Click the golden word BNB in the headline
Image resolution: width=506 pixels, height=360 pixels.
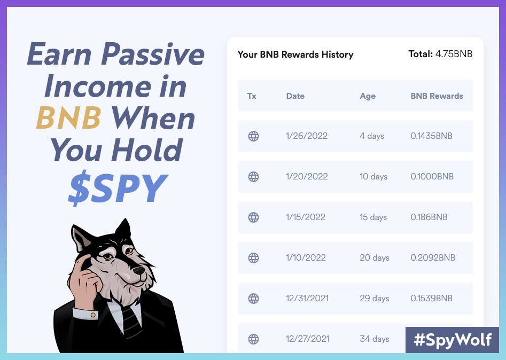68,118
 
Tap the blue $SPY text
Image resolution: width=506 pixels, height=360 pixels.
118,189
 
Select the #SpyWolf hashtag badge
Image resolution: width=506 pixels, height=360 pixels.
452,340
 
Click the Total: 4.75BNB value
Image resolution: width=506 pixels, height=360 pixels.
440,54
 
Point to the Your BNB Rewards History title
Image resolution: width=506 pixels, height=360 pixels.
295,54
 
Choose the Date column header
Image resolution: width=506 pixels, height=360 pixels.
295,96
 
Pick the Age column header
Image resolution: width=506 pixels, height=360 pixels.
368,96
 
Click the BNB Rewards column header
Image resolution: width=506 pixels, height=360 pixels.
437,96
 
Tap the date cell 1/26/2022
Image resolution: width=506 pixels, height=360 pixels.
307,136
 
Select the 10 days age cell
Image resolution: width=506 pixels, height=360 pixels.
373,177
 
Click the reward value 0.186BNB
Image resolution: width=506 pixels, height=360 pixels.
429,217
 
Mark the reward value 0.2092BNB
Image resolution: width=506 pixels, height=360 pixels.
433,258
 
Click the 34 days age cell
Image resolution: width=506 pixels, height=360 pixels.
374,339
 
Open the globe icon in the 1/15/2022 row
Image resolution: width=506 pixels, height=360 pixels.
254,217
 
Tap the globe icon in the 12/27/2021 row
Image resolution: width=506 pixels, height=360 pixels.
254,339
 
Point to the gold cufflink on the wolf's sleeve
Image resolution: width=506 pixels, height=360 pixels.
93,315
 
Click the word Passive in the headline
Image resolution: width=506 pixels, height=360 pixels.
152,54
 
